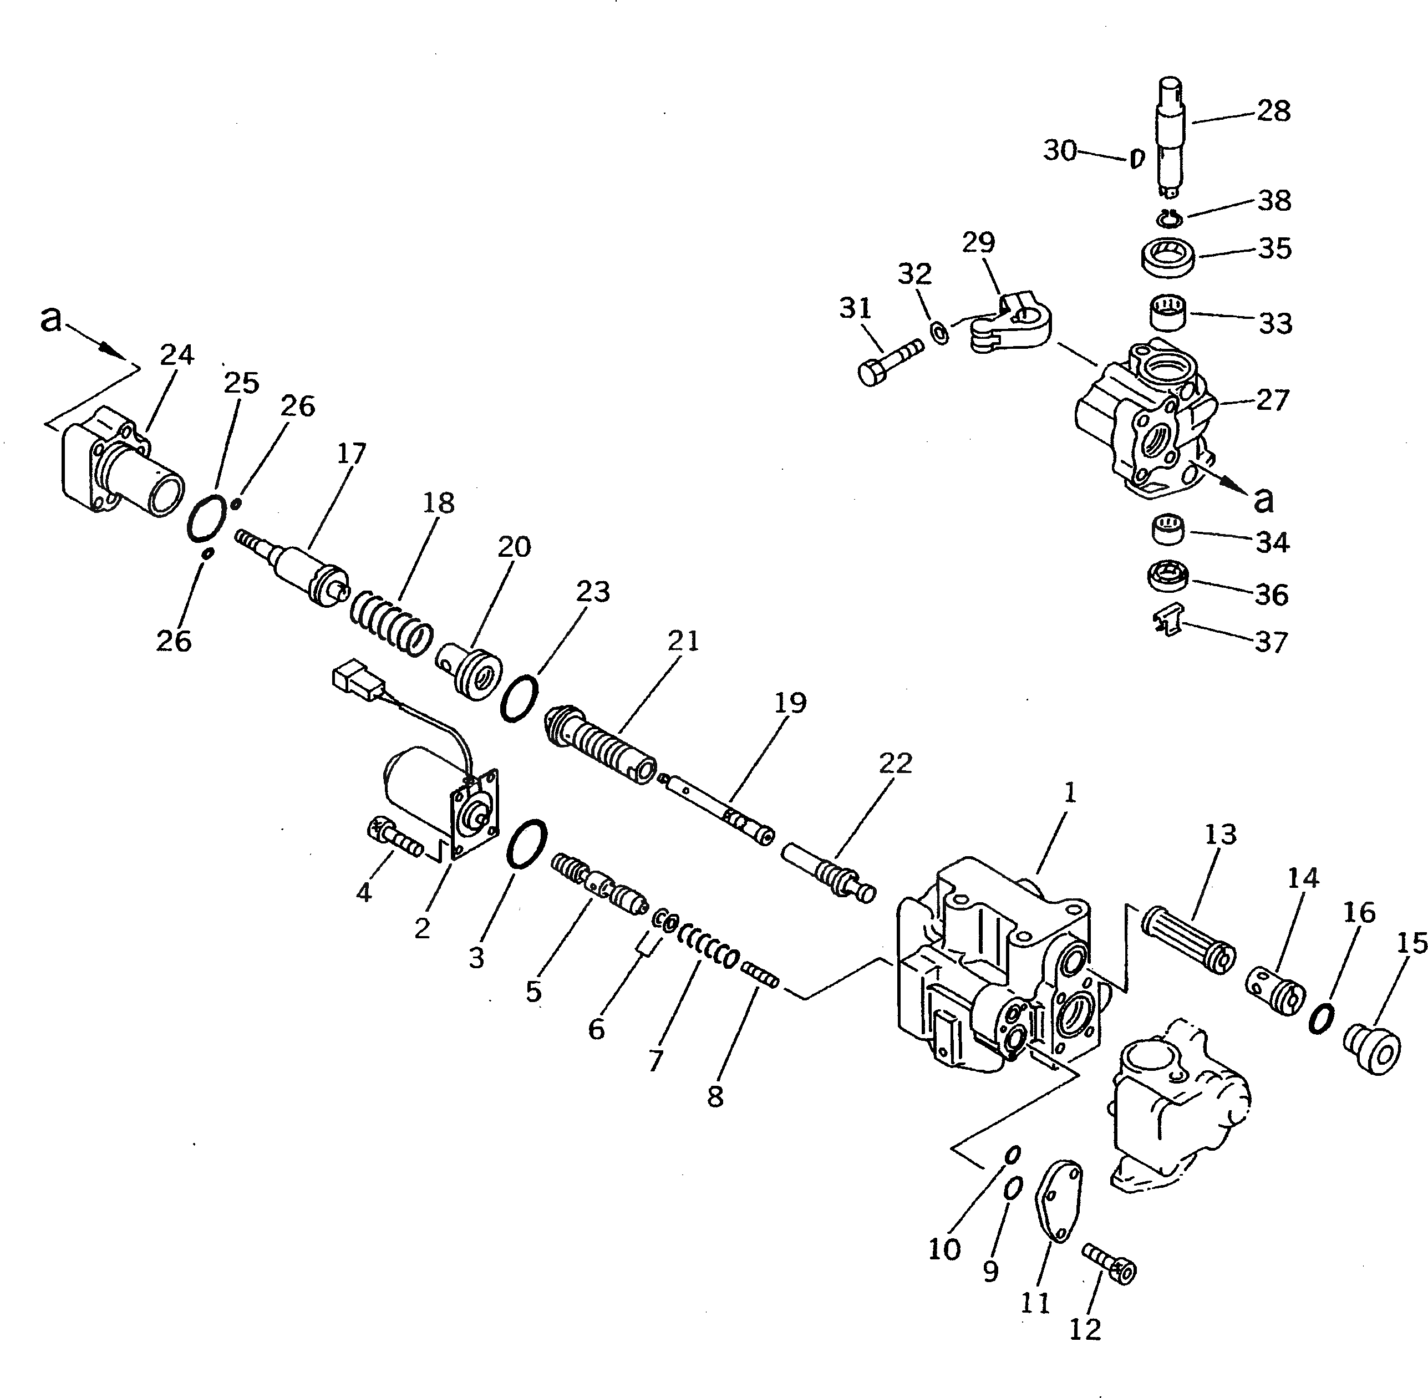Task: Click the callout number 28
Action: (x=1273, y=111)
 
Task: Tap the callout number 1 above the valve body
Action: (x=1069, y=792)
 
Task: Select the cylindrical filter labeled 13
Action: (x=1187, y=941)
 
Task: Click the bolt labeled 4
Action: (x=394, y=838)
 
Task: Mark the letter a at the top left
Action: (x=50, y=320)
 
